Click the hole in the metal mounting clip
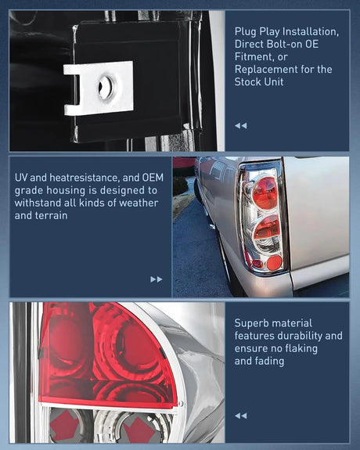pyautogui.click(x=104, y=88)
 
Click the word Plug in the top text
pyautogui.click(x=245, y=31)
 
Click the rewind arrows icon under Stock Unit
pyautogui.click(x=240, y=125)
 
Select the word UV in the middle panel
pyautogui.click(x=22, y=177)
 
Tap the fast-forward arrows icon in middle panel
pyautogui.click(x=157, y=279)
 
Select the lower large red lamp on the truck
pyautogui.click(x=266, y=229)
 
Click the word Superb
pyautogui.click(x=254, y=322)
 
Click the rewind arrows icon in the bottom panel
pyautogui.click(x=240, y=416)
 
